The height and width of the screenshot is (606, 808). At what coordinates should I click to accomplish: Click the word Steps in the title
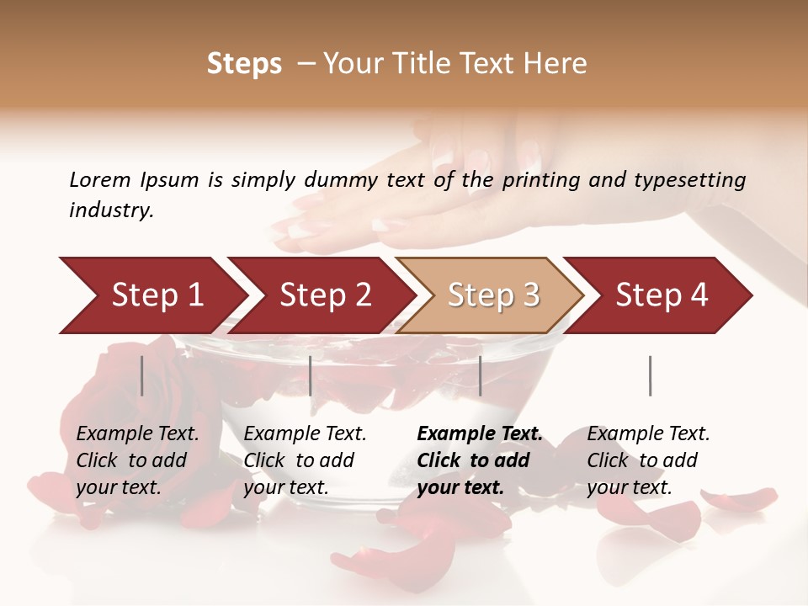244,63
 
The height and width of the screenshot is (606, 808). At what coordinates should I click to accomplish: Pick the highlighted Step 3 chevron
492,295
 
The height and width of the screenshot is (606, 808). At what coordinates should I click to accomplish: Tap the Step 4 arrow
661,295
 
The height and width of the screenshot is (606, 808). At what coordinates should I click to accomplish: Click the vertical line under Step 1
142,375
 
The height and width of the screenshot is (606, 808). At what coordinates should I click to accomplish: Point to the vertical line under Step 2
311,375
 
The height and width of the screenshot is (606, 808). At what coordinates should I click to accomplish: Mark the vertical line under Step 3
481,375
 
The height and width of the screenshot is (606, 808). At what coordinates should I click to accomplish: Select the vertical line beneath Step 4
651,375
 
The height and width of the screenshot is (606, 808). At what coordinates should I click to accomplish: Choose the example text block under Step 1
137,460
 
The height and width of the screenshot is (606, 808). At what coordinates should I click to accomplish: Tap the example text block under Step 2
305,460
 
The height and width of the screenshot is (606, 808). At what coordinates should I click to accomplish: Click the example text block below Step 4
648,460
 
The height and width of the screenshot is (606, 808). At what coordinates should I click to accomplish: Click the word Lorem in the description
100,179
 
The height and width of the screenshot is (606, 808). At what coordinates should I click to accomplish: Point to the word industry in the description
110,210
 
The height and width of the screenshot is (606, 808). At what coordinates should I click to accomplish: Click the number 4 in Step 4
699,295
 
